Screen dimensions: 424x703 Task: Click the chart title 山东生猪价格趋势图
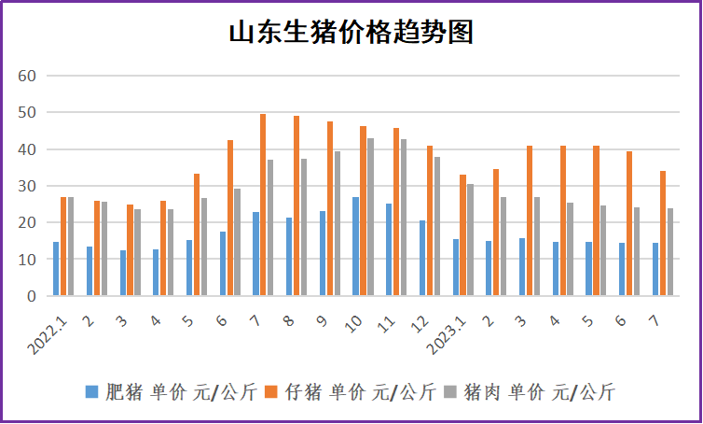351,33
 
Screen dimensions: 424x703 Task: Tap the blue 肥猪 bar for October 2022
355,247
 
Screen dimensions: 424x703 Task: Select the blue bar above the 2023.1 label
455,267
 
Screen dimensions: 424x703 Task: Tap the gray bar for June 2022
237,242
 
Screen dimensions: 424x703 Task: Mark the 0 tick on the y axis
30,296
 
